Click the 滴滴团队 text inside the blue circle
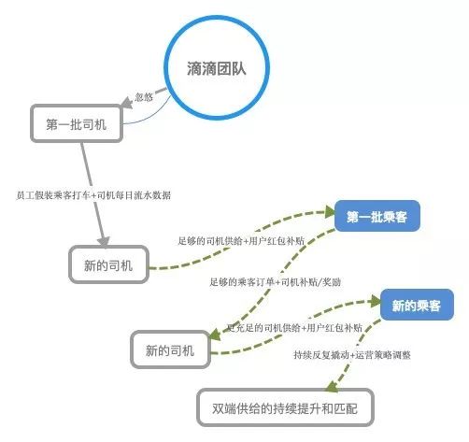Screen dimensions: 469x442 (217, 68)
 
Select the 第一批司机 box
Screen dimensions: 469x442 (77, 123)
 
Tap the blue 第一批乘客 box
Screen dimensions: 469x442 (377, 216)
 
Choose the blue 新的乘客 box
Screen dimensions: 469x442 (417, 305)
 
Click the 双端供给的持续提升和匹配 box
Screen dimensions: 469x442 (285, 407)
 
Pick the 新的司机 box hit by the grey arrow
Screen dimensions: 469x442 (108, 264)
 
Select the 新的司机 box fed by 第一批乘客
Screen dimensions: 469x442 (170, 349)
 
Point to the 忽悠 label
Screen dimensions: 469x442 (144, 97)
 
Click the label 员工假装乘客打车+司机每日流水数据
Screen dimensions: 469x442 (93, 195)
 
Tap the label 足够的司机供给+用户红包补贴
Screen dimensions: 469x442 (241, 241)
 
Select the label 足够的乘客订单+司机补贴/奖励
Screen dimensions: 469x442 (276, 282)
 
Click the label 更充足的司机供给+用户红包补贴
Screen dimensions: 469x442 (294, 328)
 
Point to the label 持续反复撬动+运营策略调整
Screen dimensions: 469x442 (352, 355)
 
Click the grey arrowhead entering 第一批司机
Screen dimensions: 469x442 (126, 103)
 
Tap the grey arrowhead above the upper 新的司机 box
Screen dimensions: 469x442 (104, 241)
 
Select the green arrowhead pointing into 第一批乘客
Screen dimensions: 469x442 (330, 212)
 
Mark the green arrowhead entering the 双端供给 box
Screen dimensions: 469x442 (332, 386)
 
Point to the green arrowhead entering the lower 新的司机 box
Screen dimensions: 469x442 (215, 335)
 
